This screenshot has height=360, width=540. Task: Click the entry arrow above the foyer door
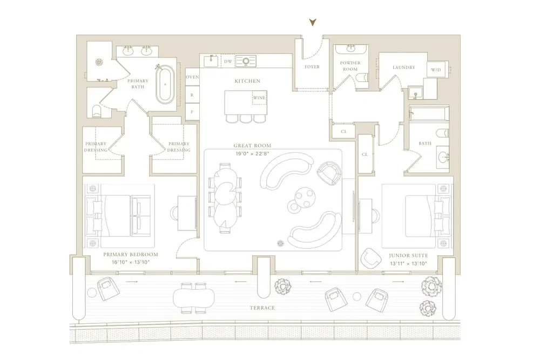(312, 22)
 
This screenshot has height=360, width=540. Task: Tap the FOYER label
(312, 67)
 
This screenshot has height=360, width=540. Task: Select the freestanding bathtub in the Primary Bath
(165, 84)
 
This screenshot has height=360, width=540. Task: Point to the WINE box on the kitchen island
(259, 98)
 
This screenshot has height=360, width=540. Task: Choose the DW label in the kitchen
(228, 62)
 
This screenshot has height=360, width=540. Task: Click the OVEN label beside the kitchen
(192, 77)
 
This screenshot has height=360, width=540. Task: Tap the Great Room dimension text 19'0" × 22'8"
(252, 153)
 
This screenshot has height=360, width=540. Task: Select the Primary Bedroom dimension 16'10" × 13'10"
(131, 262)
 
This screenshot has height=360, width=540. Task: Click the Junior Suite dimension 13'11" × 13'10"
(408, 263)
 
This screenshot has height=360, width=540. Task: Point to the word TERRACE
(262, 308)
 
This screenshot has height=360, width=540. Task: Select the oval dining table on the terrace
(193, 298)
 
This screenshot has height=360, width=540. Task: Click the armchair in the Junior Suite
(370, 258)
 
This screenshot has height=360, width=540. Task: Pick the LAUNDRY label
(404, 67)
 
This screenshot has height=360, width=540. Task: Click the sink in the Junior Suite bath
(443, 157)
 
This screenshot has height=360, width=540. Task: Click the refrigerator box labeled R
(192, 95)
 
